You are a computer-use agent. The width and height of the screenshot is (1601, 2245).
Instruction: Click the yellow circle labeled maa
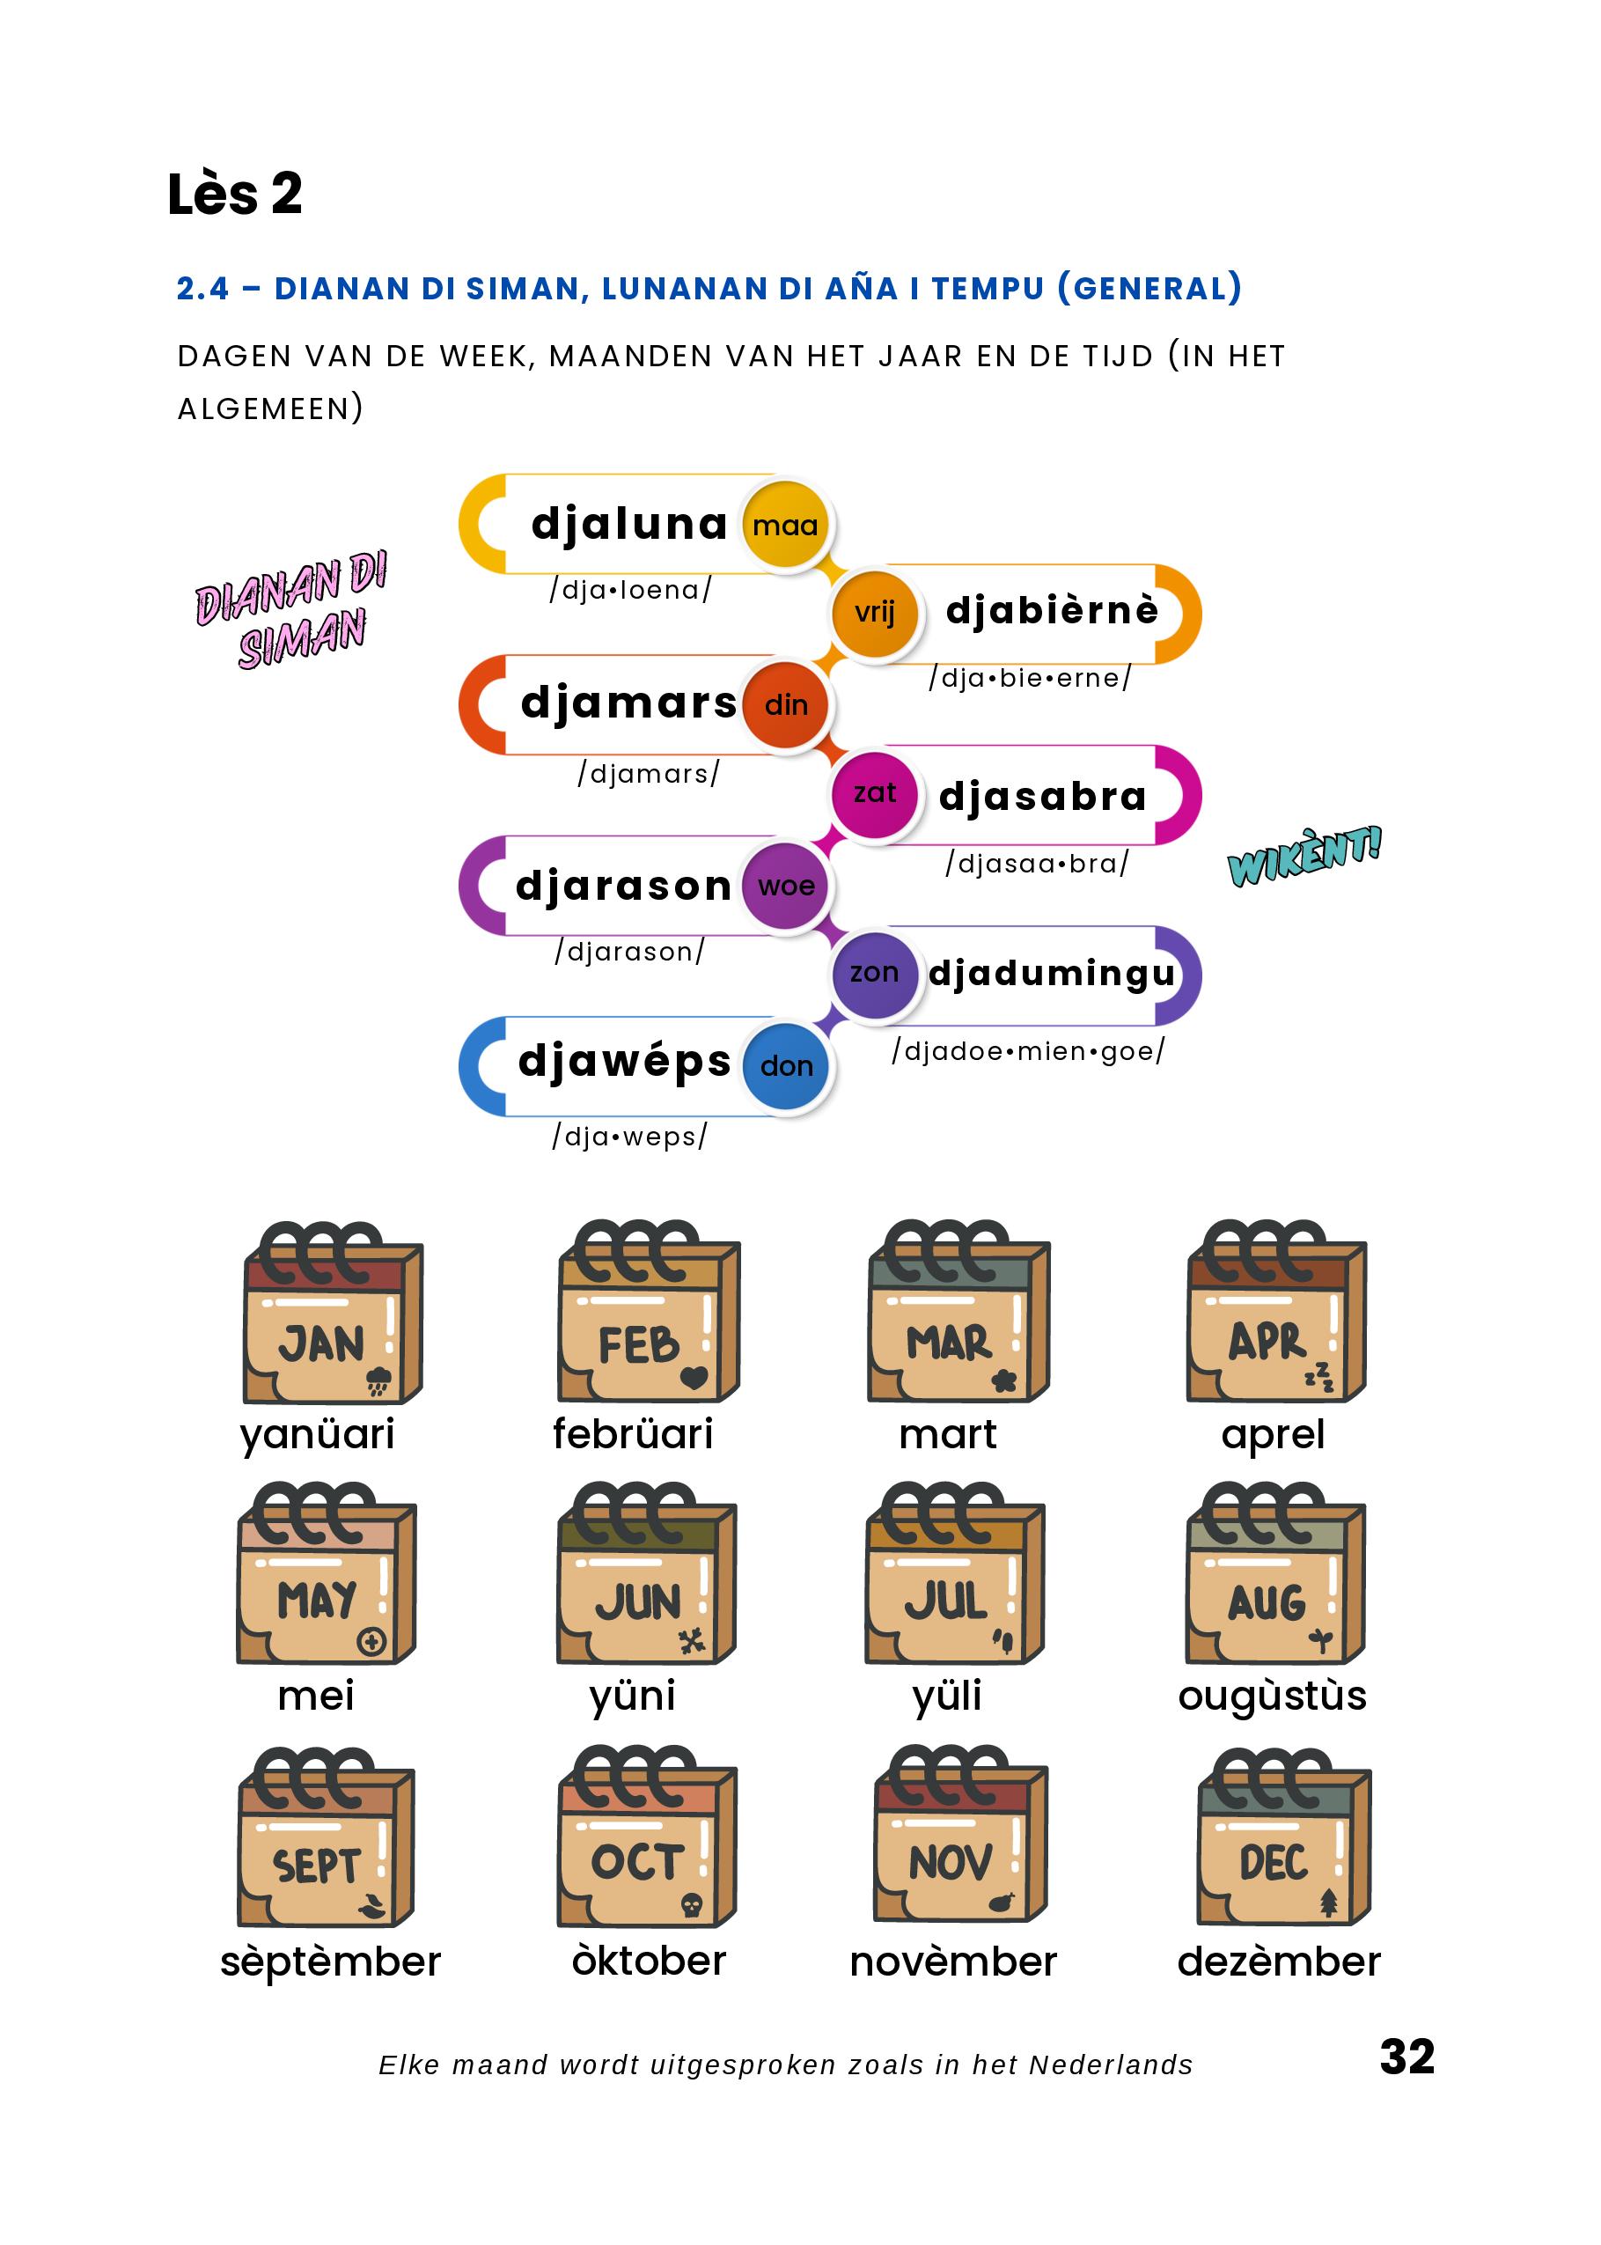pyautogui.click(x=785, y=525)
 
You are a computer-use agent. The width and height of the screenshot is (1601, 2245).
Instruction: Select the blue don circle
pyautogui.click(x=786, y=1066)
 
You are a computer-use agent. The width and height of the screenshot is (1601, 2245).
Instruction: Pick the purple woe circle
pyautogui.click(x=786, y=886)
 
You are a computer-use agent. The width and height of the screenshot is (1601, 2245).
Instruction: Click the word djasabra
pyautogui.click(x=1042, y=796)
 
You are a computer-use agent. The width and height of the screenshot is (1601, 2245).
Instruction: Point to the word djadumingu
pyautogui.click(x=1052, y=973)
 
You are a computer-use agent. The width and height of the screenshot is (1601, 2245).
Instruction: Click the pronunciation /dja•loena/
pyautogui.click(x=631, y=590)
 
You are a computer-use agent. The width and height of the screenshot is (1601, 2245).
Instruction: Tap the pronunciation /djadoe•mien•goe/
pyautogui.click(x=1028, y=1051)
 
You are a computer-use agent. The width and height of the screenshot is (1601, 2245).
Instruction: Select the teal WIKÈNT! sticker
pyautogui.click(x=1304, y=856)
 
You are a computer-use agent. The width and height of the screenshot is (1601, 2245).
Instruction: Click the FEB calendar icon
pyautogui.click(x=648, y=1314)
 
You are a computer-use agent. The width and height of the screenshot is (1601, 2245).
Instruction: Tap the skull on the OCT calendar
pyautogui.click(x=691, y=1906)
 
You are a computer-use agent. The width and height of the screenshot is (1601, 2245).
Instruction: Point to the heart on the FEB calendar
pyautogui.click(x=694, y=1376)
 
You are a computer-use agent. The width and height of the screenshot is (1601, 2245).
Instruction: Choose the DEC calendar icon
pyautogui.click(x=1283, y=1840)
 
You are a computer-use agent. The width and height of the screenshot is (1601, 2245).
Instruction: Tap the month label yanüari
pyautogui.click(x=317, y=1434)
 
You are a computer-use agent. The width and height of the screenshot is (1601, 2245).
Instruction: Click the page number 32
pyautogui.click(x=1406, y=2057)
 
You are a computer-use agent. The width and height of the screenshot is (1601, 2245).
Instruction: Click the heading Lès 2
pyautogui.click(x=235, y=195)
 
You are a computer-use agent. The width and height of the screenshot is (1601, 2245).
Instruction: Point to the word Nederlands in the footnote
pyautogui.click(x=1110, y=2065)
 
